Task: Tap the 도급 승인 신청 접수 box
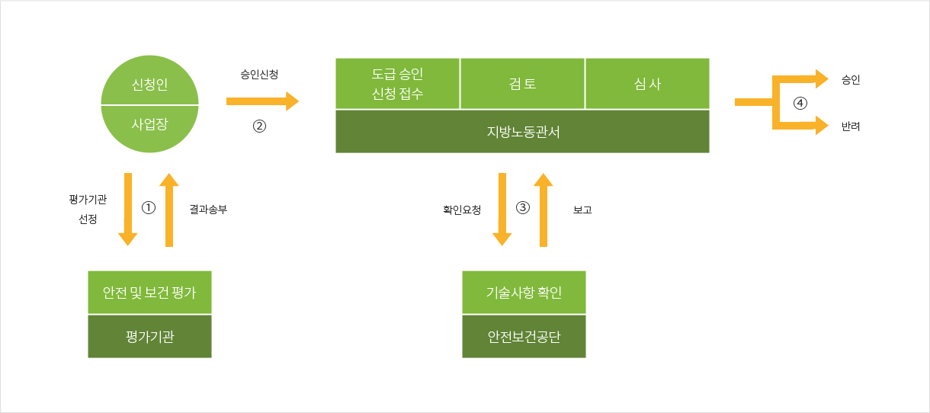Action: (x=397, y=83)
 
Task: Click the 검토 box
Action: (x=522, y=83)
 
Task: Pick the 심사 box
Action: (x=647, y=83)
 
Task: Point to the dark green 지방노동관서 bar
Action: (x=522, y=132)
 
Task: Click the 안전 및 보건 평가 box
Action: (x=149, y=292)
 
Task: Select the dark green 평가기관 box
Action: (x=149, y=336)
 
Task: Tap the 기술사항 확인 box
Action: (x=524, y=292)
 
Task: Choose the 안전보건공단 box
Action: (x=524, y=336)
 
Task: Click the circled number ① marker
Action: (x=149, y=207)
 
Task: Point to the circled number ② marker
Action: (x=259, y=126)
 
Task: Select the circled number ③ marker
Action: (x=523, y=207)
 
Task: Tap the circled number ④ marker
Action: (x=800, y=103)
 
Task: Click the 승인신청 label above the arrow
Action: (x=259, y=75)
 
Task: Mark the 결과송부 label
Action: (x=208, y=210)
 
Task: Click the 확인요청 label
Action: (x=462, y=210)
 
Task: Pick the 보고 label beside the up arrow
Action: (x=582, y=210)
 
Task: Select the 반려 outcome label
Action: (x=851, y=126)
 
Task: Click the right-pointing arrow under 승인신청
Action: (x=262, y=101)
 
